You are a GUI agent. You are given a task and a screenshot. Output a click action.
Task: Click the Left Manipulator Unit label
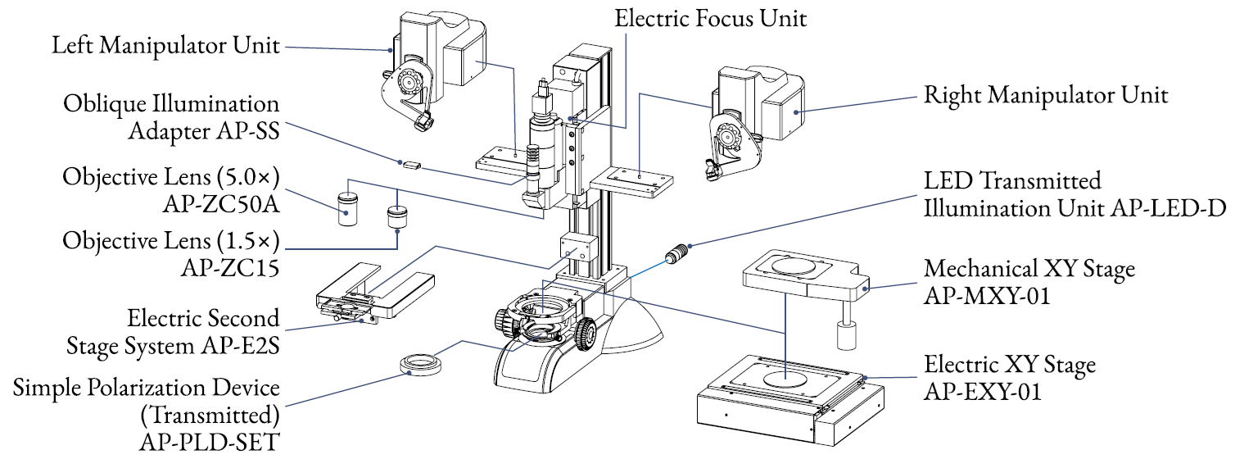(x=165, y=45)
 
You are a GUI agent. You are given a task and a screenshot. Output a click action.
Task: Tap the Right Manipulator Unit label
(x=1045, y=95)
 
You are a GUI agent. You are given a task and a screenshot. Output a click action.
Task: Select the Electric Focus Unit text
(x=711, y=18)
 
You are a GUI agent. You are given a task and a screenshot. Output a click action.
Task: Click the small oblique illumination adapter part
(x=411, y=165)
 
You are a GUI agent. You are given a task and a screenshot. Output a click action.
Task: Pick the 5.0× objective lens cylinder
(x=347, y=208)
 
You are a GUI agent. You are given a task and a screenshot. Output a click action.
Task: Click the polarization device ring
(x=421, y=365)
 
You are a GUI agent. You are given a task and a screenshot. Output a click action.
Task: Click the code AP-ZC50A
(x=221, y=205)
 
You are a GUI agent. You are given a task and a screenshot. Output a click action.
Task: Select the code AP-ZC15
(x=230, y=268)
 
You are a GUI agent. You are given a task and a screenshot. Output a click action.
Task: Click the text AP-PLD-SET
(x=210, y=442)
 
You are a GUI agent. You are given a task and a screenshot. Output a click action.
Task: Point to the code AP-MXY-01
(x=987, y=296)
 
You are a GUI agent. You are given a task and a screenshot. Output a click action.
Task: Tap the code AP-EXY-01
(x=983, y=392)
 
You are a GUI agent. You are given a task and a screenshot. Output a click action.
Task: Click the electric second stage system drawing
(x=375, y=293)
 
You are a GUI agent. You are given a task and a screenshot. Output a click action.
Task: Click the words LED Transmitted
(x=1012, y=180)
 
